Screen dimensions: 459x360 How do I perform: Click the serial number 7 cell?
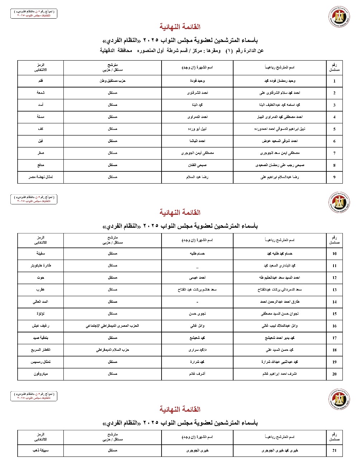pyautogui.click(x=334, y=153)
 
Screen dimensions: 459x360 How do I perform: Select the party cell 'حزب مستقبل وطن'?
pyautogui.click(x=112, y=81)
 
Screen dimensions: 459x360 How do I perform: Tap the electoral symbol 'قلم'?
pyautogui.click(x=40, y=81)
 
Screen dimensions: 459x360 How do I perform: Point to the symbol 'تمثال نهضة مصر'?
pyautogui.click(x=40, y=177)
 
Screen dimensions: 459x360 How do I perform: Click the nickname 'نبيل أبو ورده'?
pyautogui.click(x=197, y=129)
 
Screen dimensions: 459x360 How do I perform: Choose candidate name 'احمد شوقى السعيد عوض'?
pyautogui.click(x=279, y=141)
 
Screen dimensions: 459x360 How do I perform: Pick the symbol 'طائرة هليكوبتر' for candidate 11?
pyautogui.click(x=40, y=265)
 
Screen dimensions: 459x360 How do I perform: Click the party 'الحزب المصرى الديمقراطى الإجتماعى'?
pyautogui.click(x=112, y=326)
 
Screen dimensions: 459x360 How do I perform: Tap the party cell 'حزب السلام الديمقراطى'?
pyautogui.click(x=112, y=350)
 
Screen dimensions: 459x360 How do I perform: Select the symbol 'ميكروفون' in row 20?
pyautogui.click(x=40, y=374)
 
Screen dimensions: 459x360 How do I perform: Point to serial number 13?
pyautogui.click(x=334, y=290)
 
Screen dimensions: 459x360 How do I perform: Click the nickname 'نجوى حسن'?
pyautogui.click(x=197, y=313)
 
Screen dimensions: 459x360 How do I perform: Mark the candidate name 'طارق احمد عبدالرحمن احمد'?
pyautogui.click(x=279, y=302)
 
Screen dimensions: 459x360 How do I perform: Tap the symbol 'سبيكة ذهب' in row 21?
pyautogui.click(x=40, y=450)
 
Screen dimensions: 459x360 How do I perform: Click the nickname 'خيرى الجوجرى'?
pyautogui.click(x=197, y=450)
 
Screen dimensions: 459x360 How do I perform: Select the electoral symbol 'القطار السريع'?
pyautogui.click(x=40, y=350)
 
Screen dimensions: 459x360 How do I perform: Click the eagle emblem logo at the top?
pyautogui.click(x=339, y=16)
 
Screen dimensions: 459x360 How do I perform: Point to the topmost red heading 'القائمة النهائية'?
pyautogui.click(x=180, y=27)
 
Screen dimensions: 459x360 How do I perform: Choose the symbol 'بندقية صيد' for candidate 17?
pyautogui.click(x=40, y=338)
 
